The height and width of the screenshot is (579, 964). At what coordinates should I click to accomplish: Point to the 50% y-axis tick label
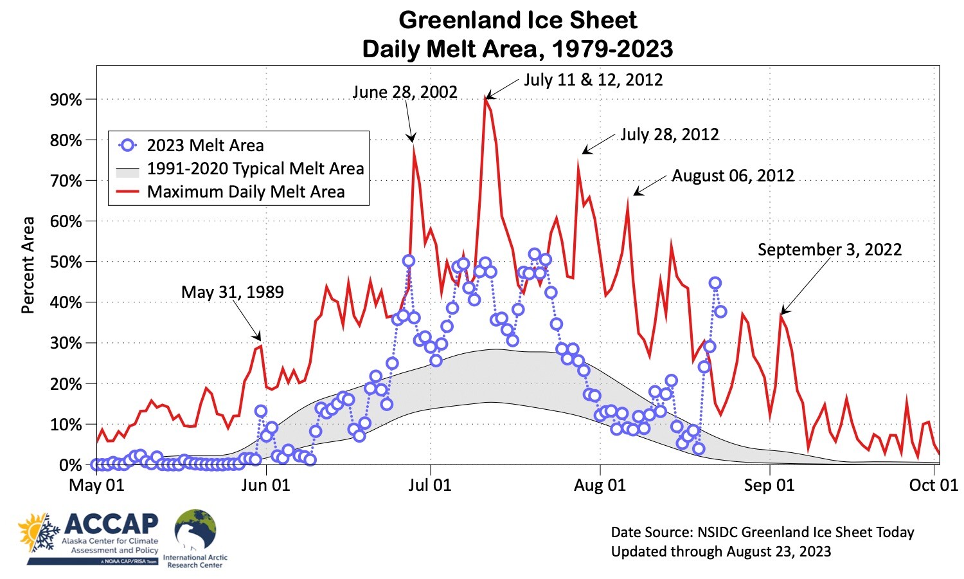pos(66,262)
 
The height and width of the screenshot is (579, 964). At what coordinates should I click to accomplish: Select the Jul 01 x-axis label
pos(430,484)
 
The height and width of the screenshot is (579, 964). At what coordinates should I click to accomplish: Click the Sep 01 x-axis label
pos(769,484)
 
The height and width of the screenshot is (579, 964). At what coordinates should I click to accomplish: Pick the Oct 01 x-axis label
pos(933,484)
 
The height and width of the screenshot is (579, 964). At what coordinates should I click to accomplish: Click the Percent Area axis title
pos(28,265)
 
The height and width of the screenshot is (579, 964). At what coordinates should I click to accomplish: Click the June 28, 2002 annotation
pos(405,92)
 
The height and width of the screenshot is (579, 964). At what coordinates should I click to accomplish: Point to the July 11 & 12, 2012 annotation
pos(593,80)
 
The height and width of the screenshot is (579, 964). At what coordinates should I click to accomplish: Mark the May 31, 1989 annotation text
pos(232,292)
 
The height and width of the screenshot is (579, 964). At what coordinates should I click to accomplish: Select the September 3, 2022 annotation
pos(830,250)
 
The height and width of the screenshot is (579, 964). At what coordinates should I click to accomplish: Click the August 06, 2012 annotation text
pos(733,176)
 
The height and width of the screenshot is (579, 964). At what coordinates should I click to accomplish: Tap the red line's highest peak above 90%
pos(486,96)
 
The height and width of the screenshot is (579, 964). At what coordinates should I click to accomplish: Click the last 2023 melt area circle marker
pos(720,311)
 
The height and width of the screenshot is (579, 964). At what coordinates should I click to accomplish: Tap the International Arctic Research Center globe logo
pos(195,530)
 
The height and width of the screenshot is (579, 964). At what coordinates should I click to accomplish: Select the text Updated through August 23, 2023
pos(720,551)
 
